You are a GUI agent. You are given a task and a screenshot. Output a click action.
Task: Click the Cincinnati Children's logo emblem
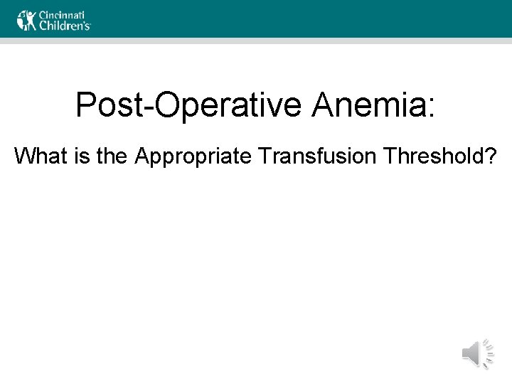26,20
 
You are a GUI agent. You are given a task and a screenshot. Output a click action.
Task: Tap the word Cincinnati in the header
63,14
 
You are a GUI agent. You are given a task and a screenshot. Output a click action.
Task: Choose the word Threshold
437,155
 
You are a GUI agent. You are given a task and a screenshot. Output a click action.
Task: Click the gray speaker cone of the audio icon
471,353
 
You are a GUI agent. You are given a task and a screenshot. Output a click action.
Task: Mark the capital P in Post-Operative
85,105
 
